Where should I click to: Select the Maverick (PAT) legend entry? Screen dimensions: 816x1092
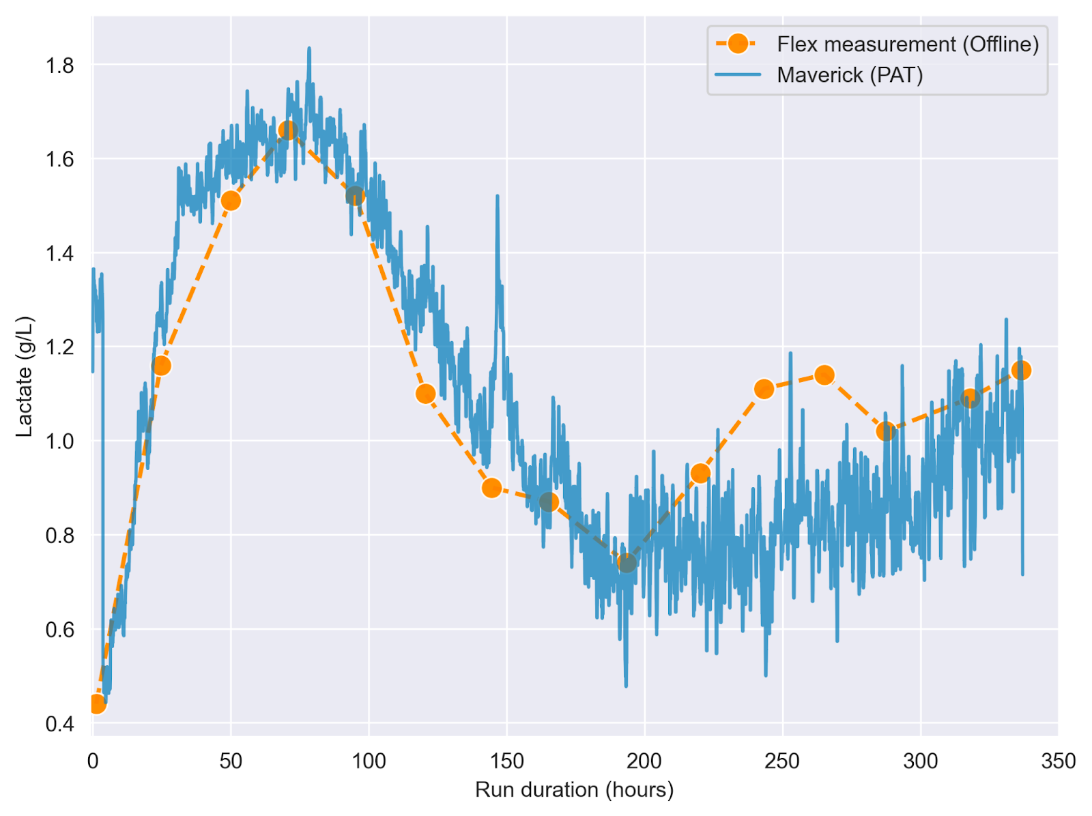pos(849,75)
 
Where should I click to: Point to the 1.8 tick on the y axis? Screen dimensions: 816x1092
pos(60,65)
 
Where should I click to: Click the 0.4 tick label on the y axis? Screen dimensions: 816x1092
pos(60,723)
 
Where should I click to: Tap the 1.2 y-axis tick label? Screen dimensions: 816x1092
pos(60,347)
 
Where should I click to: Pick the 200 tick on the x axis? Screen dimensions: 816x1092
pos(644,761)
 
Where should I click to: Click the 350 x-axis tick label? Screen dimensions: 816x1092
pos(1058,761)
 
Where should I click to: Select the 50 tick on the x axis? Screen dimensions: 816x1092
pos(231,761)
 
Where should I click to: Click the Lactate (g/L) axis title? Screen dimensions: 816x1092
pos(25,377)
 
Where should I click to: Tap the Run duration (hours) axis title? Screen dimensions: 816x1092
pos(574,790)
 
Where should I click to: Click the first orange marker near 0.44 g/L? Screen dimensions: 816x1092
pos(96,703)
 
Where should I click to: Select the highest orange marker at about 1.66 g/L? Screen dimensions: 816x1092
pos(288,130)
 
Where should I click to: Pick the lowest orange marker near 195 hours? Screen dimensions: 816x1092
pos(627,563)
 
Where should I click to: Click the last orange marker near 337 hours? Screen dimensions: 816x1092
pos(1021,370)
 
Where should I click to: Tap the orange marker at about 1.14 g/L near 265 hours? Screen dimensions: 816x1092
pos(824,375)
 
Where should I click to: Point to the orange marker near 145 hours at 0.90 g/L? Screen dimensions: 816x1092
pos(491,488)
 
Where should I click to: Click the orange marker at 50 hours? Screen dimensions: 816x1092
pos(231,201)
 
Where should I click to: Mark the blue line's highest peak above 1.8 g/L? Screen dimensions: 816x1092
pos(309,49)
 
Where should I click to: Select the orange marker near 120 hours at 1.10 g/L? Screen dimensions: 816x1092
pos(425,394)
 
